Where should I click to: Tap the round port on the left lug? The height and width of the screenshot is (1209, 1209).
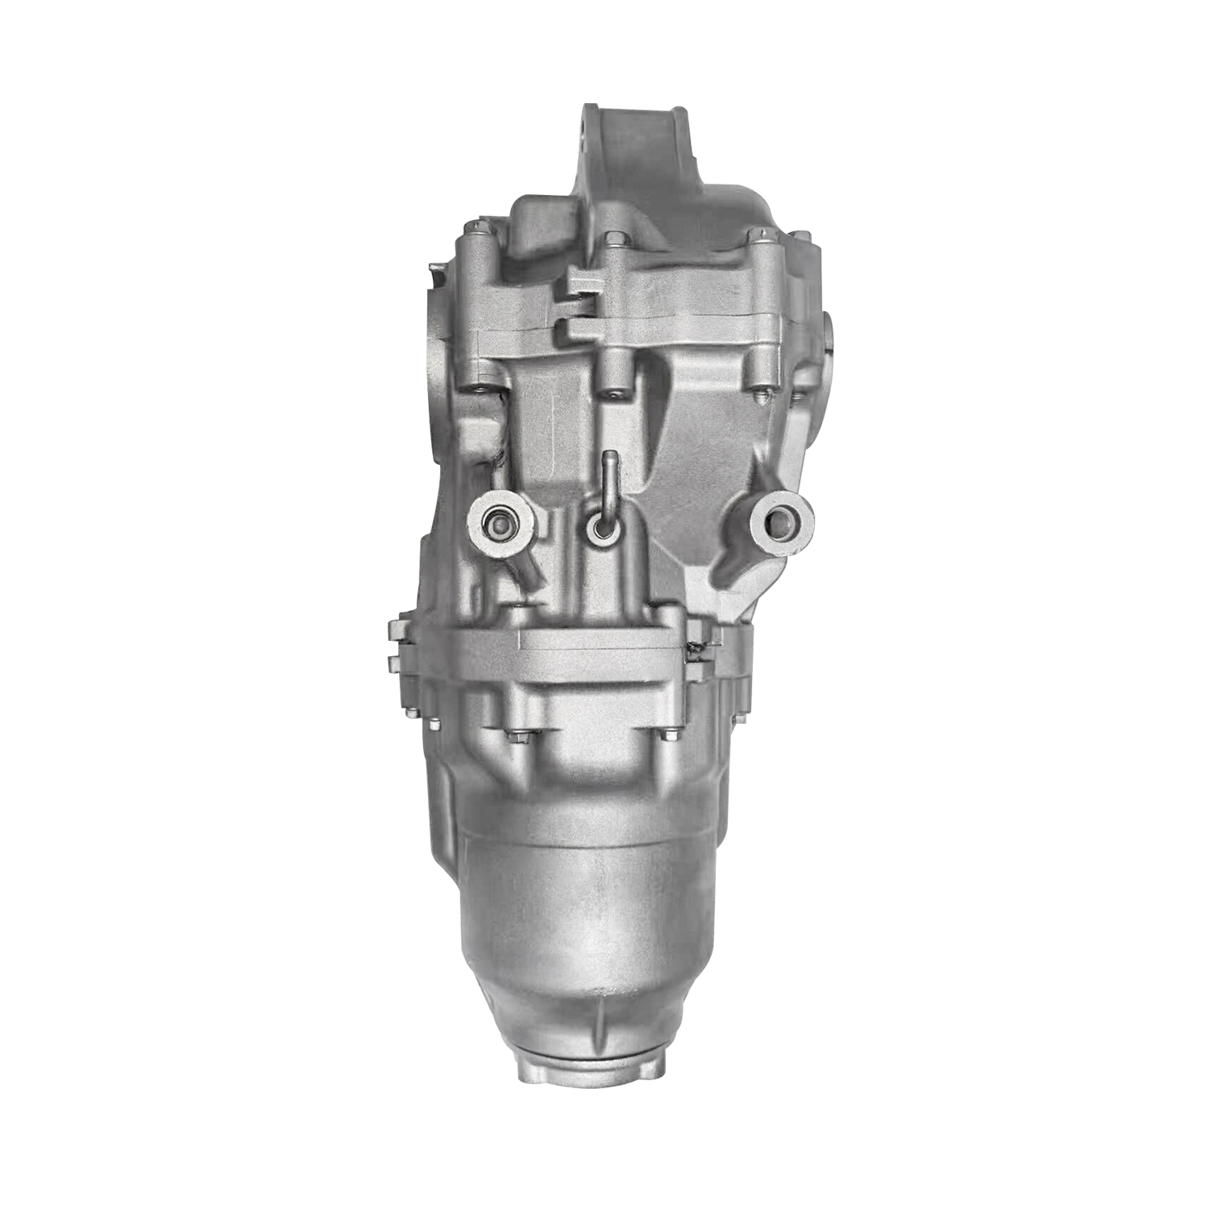point(498,526)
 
